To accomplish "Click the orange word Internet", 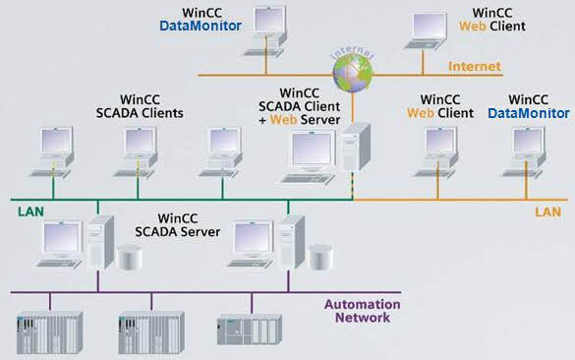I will [x=475, y=67].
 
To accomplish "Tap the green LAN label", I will [x=30, y=210].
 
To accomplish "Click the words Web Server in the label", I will [x=313, y=120].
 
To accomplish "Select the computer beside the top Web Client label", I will [x=430, y=30].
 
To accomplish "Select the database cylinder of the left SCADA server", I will [x=128, y=258].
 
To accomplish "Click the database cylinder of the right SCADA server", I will [x=318, y=258].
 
